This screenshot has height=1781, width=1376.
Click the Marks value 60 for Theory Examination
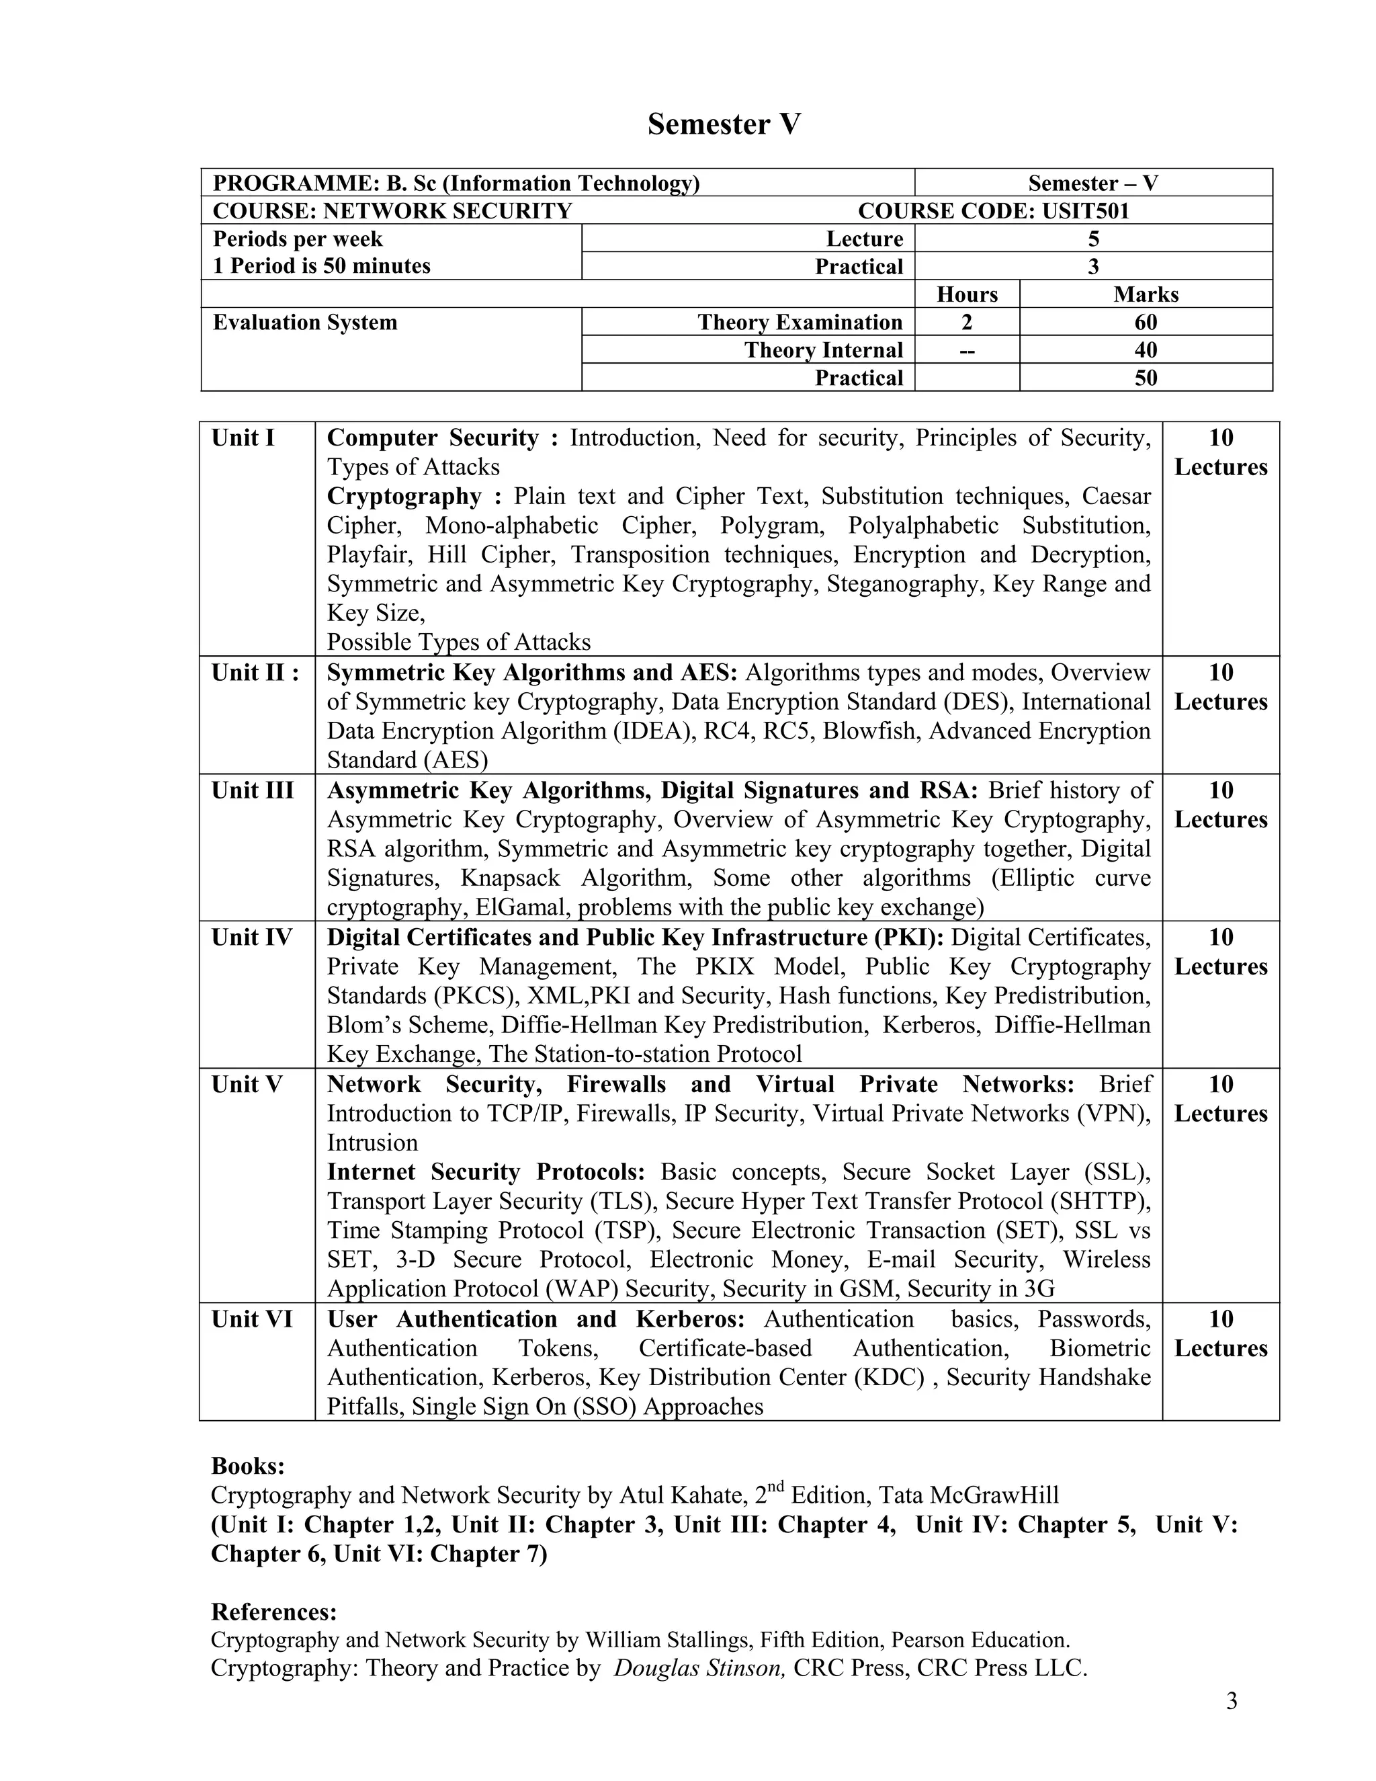(1146, 322)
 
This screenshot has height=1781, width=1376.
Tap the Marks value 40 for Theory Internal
(1146, 350)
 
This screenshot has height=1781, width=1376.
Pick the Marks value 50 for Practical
(1146, 378)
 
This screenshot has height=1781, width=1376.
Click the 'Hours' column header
(967, 294)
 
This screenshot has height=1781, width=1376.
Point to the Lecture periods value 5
(1093, 239)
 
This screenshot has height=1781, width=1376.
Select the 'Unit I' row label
(243, 438)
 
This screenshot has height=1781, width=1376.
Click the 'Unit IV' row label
(251, 937)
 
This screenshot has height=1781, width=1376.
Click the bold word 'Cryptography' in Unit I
(404, 497)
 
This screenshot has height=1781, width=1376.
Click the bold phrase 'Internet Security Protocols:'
(486, 1172)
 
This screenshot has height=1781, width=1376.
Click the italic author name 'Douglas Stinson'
(699, 1667)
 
